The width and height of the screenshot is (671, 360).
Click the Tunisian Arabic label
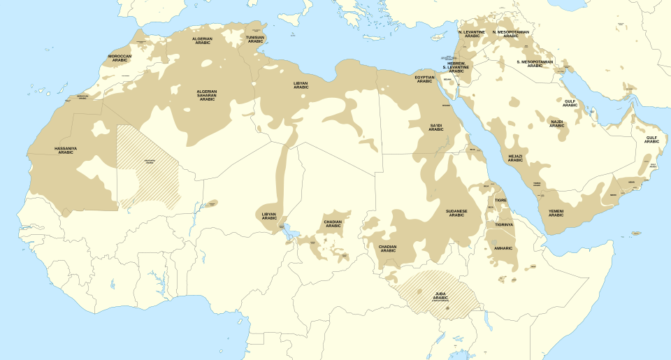[x=255, y=39]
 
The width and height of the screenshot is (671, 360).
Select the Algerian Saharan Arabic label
[x=207, y=95]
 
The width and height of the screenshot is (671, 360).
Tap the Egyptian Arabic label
[x=424, y=79]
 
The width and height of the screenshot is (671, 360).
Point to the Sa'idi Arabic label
[x=436, y=127]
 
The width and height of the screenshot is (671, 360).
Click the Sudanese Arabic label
[x=456, y=213]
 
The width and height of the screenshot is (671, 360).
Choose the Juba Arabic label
[x=440, y=296]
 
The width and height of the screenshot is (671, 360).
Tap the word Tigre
[x=501, y=200]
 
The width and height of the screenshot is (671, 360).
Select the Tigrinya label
[x=503, y=224]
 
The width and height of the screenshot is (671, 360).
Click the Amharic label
[x=503, y=248]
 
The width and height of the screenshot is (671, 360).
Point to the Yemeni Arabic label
[x=556, y=213]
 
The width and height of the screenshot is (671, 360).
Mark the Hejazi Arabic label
[x=515, y=158]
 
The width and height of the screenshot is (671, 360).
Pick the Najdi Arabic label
[x=556, y=124]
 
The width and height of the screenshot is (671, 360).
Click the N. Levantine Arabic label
[x=472, y=34]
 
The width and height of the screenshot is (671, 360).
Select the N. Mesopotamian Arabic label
[x=511, y=34]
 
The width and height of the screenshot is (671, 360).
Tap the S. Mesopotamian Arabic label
[x=535, y=63]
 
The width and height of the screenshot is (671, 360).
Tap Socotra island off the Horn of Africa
[x=636, y=233]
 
